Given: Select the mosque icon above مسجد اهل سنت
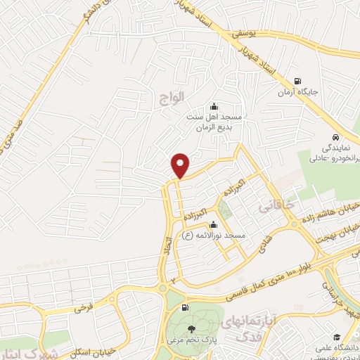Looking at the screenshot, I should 214,106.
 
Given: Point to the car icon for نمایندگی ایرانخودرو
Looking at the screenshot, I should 336,138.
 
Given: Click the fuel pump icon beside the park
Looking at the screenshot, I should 185,308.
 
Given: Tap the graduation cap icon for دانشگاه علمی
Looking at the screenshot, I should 337,339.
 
